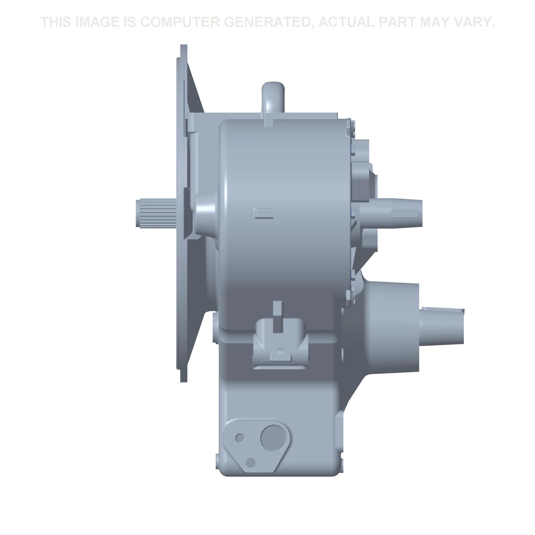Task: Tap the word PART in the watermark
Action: (x=397, y=22)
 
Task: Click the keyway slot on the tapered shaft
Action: (x=404, y=213)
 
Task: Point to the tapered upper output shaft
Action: (x=393, y=213)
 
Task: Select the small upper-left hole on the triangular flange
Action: (x=240, y=438)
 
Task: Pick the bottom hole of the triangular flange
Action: (x=251, y=462)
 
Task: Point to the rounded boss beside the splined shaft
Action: (x=206, y=213)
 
